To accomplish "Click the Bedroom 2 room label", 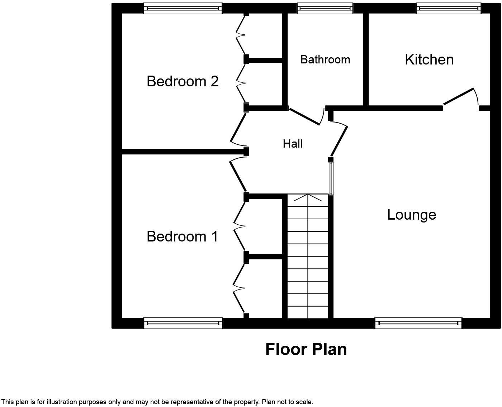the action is coord(183,81).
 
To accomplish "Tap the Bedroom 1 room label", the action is coord(182,236).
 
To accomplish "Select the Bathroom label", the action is coord(325,59).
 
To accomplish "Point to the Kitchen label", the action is coord(429,59).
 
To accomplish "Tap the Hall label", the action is coord(293,144).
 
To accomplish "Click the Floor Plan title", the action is coord(306,349).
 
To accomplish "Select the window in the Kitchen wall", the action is coord(449,9).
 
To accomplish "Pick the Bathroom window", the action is coord(325,9).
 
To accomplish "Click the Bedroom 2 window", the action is coord(183,9).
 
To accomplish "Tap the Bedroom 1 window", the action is coord(183,323).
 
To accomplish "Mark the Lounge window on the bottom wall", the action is coord(418,323).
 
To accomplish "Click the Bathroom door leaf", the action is coord(304,116).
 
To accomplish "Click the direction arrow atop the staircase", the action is coord(308,198).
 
